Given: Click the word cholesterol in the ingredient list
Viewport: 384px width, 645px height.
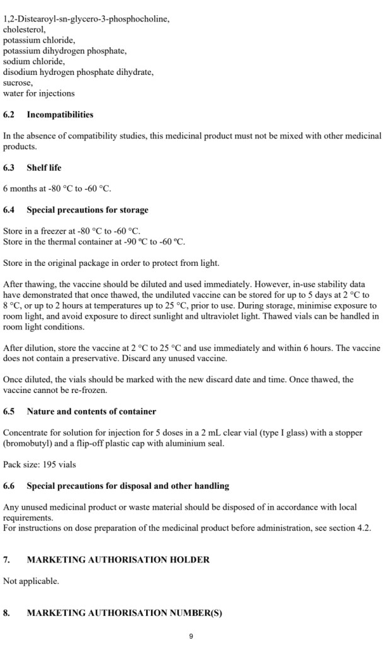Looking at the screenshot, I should (x=24, y=29).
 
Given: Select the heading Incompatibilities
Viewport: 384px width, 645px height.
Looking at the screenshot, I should (x=60, y=115).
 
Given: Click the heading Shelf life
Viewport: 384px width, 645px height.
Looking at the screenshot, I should (x=44, y=168).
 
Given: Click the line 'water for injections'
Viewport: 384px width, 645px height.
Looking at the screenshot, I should (x=38, y=93).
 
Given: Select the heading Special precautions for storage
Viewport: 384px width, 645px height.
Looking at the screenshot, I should (x=88, y=210).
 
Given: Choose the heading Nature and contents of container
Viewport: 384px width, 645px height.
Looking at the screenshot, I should (x=91, y=411).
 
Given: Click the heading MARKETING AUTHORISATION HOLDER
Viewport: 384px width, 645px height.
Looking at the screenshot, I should (x=118, y=559).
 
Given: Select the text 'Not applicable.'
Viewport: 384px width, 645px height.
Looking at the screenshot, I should (x=31, y=581).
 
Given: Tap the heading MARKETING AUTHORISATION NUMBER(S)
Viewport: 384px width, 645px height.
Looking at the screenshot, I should (x=124, y=612).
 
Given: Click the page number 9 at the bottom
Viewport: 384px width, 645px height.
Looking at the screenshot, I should (x=192, y=636).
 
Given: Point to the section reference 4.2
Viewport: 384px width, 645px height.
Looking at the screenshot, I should (x=364, y=528).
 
